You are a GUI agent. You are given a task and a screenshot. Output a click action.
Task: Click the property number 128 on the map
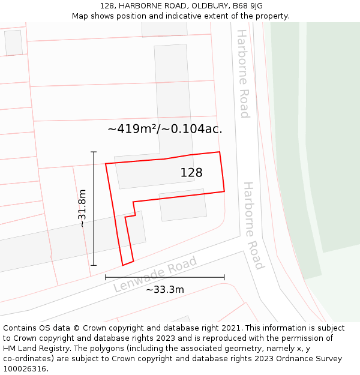(x=191, y=173)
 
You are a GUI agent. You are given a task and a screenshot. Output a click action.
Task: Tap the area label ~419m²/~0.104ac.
(x=165, y=128)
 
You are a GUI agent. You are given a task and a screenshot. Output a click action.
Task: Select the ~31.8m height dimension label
(x=83, y=208)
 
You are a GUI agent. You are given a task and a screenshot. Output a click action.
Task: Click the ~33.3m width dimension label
(x=165, y=290)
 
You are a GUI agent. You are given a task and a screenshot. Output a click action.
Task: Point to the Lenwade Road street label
(x=155, y=275)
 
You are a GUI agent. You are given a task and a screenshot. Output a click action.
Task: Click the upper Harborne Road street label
(x=242, y=74)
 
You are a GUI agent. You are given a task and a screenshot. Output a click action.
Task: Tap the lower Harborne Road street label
(x=253, y=226)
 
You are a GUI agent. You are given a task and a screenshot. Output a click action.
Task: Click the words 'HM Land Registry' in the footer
(x=34, y=349)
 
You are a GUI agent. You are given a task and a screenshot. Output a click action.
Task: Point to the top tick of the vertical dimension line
(x=94, y=152)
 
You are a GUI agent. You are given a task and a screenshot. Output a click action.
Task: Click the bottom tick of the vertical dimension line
(x=94, y=265)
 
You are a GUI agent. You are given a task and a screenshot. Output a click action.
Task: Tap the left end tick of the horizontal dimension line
(x=106, y=277)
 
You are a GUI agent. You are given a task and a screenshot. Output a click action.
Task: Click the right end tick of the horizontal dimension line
(x=224, y=277)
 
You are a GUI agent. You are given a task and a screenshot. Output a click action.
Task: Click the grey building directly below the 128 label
(x=183, y=205)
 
